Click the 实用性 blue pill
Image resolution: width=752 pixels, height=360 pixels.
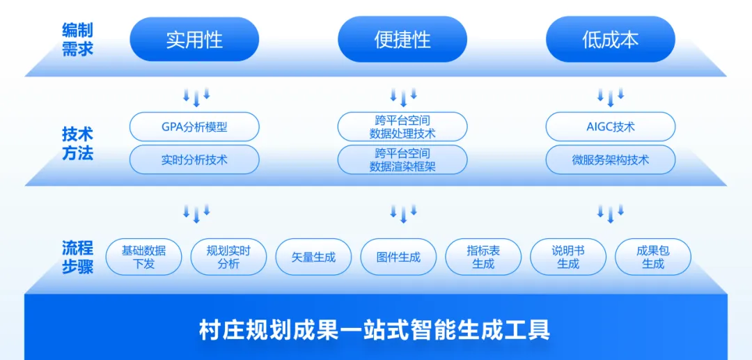[194, 40]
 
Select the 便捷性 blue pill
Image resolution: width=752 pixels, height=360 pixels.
[402, 40]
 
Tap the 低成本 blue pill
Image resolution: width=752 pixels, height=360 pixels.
[611, 40]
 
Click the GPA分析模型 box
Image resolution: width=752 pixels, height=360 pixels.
[194, 127]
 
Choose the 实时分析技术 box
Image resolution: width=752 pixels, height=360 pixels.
[194, 159]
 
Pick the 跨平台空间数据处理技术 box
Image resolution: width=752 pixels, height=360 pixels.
[402, 127]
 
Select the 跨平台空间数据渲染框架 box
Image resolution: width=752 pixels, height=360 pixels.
[402, 159]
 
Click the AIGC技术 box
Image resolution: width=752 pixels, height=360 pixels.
[611, 127]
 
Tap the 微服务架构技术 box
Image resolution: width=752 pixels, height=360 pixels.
[611, 159]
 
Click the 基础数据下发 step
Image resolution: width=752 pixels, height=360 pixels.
[144, 257]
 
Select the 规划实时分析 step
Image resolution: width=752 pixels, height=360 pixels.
[229, 257]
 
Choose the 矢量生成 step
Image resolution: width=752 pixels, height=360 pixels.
[313, 257]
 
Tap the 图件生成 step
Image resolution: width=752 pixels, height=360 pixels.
[398, 257]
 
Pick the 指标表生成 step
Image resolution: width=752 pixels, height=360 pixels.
[483, 257]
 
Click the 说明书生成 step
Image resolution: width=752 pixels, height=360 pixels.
[568, 257]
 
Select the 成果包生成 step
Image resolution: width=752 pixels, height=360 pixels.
[653, 257]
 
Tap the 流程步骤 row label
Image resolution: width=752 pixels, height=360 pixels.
[77, 258]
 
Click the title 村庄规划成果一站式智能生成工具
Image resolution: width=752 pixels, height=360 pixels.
[375, 330]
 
